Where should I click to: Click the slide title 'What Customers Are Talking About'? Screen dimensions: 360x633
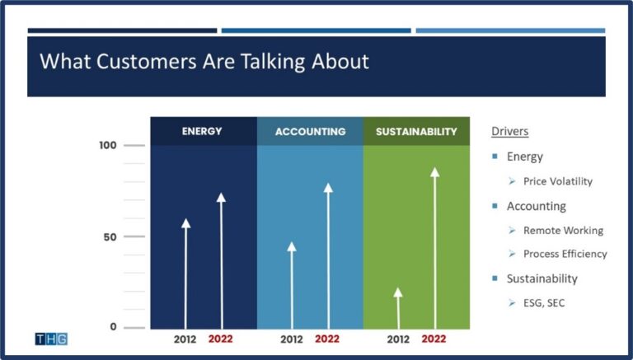point(204,61)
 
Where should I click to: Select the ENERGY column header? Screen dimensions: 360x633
point(202,131)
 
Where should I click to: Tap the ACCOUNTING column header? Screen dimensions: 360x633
point(310,131)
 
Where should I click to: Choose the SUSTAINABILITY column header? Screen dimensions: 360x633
point(416,131)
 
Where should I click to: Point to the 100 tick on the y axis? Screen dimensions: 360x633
point(108,146)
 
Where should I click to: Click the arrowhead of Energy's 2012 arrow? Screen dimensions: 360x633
point(185,223)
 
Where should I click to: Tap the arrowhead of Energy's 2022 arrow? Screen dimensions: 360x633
point(221,198)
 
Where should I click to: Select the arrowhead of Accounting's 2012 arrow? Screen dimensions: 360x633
point(292,246)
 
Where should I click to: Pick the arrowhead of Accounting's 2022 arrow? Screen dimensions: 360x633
point(327,188)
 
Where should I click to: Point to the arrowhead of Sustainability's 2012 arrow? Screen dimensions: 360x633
point(398,292)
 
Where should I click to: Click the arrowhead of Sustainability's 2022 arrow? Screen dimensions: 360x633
point(434,172)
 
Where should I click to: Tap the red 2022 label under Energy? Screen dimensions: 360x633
point(221,339)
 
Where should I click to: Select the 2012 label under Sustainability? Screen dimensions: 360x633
point(398,339)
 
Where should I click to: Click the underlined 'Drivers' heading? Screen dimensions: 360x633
point(509,131)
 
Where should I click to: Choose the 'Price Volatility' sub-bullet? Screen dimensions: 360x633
point(558,181)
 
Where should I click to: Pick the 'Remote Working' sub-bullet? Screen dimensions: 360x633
point(563,231)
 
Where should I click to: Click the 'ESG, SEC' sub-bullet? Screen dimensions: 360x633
point(544,303)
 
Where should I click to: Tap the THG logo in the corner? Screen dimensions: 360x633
point(51,339)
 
